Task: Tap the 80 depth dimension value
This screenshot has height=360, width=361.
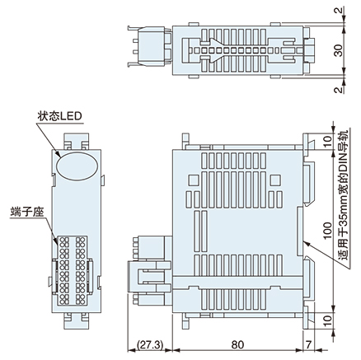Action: click(x=237, y=346)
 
